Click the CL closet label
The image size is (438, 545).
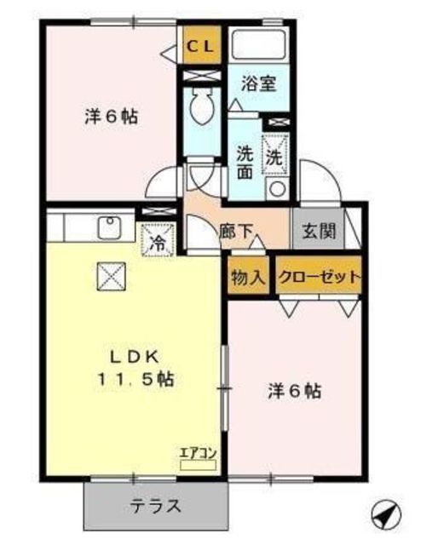(201, 47)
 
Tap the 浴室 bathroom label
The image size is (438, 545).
(259, 83)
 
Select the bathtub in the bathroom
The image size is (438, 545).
(259, 43)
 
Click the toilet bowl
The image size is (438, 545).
(202, 107)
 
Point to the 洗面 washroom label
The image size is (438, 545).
(245, 163)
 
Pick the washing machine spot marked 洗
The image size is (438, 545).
(275, 154)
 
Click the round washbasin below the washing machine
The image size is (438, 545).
(277, 189)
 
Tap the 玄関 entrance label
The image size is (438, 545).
(319, 231)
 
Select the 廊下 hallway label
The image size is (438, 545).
(236, 232)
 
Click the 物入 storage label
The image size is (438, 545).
(248, 278)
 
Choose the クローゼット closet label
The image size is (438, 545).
(319, 277)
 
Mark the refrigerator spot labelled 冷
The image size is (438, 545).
(158, 240)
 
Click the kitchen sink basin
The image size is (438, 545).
(110, 227)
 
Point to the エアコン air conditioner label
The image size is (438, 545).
(198, 453)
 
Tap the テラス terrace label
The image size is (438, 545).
(156, 506)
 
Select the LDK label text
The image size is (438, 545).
(135, 358)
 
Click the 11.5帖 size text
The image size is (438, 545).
(135, 379)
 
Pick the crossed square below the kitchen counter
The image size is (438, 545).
(111, 276)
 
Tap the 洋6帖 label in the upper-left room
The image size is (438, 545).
(112, 118)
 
